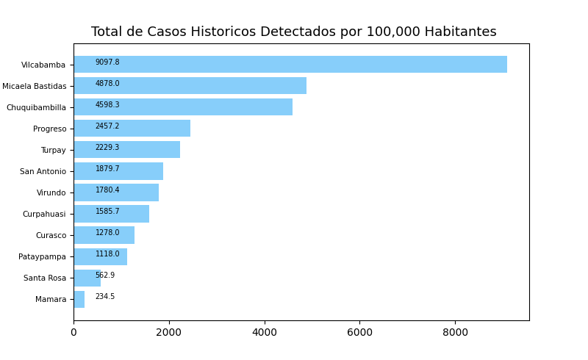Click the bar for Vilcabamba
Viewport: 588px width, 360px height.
click(x=290, y=65)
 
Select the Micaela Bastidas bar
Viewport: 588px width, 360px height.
click(x=190, y=86)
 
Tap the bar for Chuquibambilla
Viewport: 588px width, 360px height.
click(x=183, y=107)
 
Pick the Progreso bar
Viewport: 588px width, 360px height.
click(x=132, y=129)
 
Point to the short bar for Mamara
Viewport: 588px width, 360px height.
click(x=79, y=299)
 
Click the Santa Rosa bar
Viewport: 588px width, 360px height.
click(x=87, y=278)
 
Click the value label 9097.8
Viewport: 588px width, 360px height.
click(x=107, y=62)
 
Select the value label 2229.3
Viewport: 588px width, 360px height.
click(x=107, y=148)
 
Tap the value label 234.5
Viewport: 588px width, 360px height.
click(x=105, y=297)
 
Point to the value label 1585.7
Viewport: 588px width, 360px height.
click(x=107, y=212)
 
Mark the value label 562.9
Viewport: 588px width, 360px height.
click(x=105, y=276)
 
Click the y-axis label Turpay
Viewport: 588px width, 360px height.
click(x=53, y=151)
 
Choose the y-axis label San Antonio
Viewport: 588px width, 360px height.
click(x=43, y=172)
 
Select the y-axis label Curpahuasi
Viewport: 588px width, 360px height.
click(x=44, y=215)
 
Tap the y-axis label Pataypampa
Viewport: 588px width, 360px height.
click(x=42, y=257)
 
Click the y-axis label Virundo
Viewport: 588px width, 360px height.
click(x=51, y=193)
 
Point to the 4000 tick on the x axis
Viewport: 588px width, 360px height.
click(x=265, y=332)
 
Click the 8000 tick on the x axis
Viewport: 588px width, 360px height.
click(x=455, y=332)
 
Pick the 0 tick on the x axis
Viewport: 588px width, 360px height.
click(x=73, y=332)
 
